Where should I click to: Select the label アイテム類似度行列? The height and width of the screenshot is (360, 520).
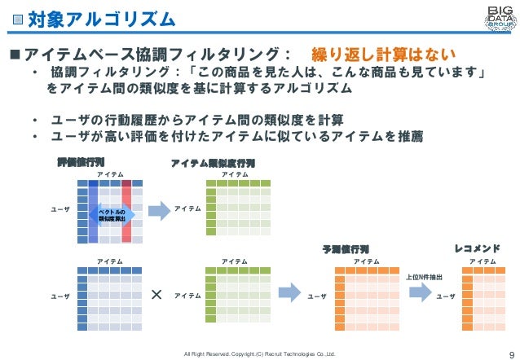pyautogui.click(x=213, y=163)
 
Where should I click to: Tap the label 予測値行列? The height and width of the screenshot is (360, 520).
pyautogui.click(x=346, y=248)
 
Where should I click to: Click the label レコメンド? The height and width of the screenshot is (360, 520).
pyautogui.click(x=476, y=248)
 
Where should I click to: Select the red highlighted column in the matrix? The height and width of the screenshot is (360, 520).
pyautogui.click(x=126, y=211)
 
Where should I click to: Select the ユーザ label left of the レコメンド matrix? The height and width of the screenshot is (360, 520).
pyautogui.click(x=445, y=296)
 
